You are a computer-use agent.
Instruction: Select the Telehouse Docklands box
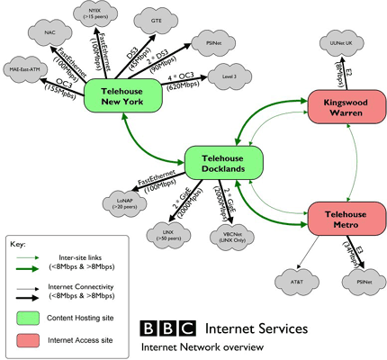click(223, 161)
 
